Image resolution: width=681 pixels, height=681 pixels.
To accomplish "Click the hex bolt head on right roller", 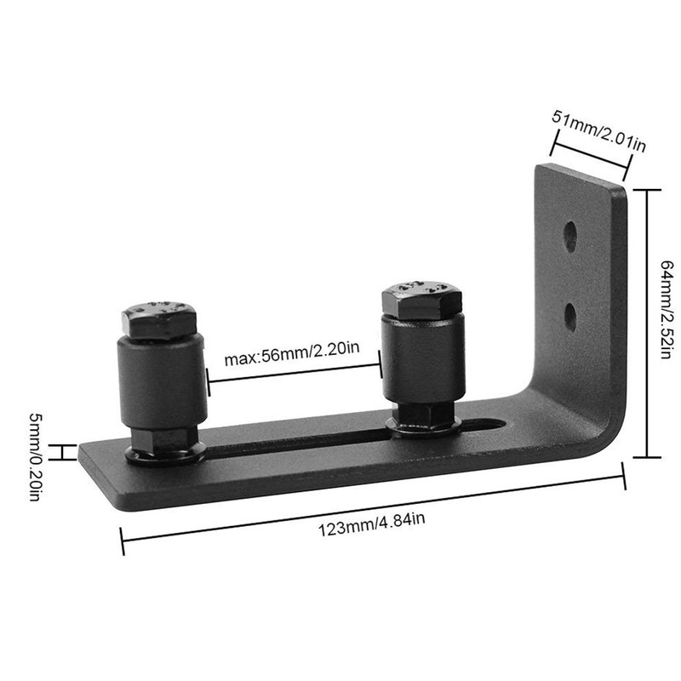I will (x=422, y=300).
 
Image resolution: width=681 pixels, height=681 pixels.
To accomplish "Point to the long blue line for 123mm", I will (x=375, y=508).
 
